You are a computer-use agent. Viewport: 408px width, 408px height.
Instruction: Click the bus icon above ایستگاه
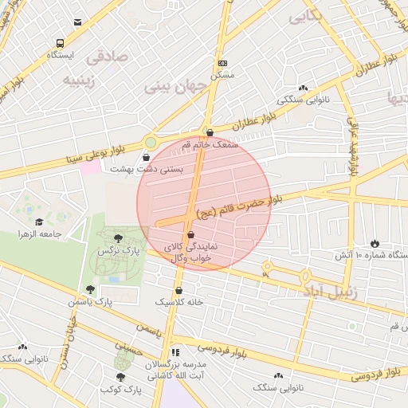[60, 44]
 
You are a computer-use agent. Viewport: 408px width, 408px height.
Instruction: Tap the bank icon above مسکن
[222, 63]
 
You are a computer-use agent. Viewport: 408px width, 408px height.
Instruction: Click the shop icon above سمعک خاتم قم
[209, 133]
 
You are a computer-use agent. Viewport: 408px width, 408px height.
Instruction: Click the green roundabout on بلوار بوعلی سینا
[150, 143]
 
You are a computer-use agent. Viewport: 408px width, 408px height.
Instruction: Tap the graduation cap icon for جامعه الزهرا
[39, 222]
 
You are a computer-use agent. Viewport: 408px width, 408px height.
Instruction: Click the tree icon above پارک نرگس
[119, 237]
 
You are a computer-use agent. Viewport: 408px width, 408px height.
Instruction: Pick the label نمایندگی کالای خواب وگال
[186, 253]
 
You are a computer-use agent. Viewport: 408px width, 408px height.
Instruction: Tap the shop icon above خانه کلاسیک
[178, 291]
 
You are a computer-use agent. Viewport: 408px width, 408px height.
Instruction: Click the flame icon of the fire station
[375, 242]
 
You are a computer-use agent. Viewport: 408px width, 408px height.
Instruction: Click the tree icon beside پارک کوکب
[120, 378]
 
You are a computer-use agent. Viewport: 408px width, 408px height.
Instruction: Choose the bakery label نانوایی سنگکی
[302, 101]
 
